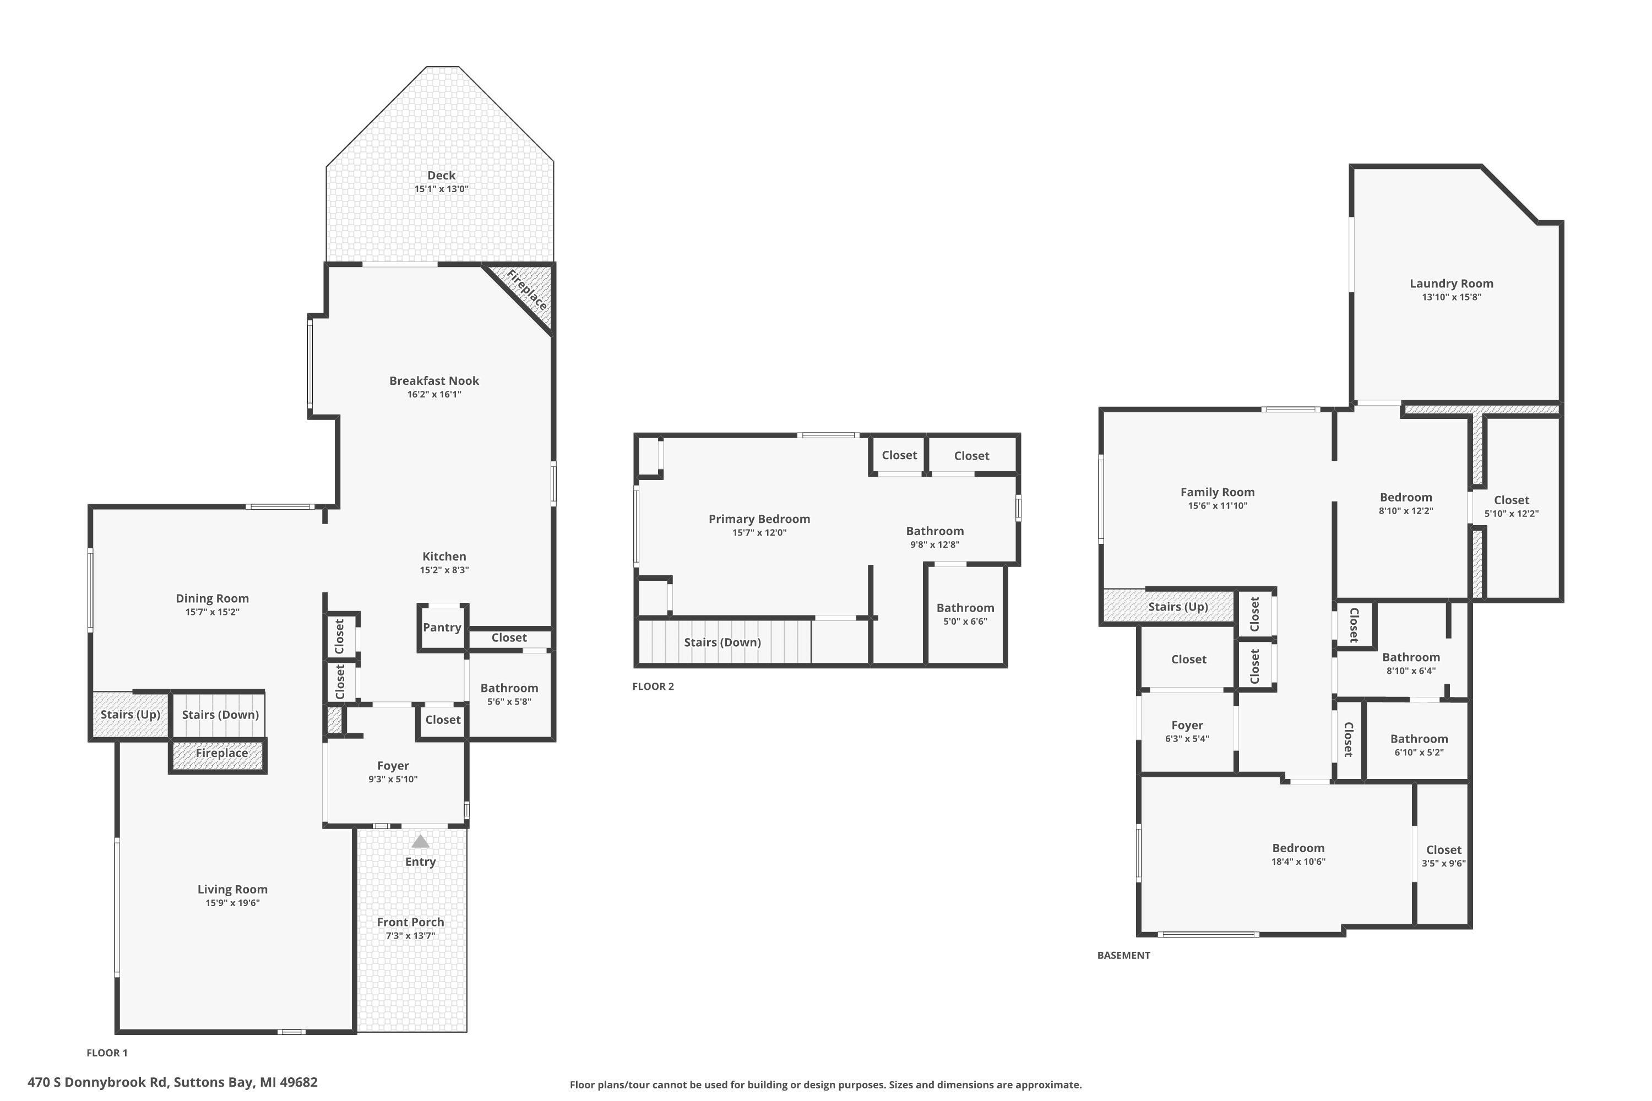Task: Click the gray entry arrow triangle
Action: pos(420,841)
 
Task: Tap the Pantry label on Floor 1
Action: pos(442,628)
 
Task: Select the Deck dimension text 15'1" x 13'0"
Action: pos(441,189)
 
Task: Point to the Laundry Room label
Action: pos(1451,284)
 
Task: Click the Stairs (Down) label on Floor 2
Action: pos(722,642)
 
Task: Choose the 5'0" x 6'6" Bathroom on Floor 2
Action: pos(965,614)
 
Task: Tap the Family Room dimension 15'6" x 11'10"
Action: pos(1217,505)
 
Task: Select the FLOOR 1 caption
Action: pos(107,1053)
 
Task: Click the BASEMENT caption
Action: pos(1124,955)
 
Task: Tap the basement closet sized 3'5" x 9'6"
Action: pos(1443,856)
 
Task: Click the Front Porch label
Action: pos(410,922)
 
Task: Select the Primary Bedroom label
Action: pos(759,519)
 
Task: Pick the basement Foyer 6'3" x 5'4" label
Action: pos(1187,731)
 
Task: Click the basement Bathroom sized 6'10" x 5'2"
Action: pos(1419,744)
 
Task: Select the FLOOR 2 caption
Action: pos(653,686)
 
